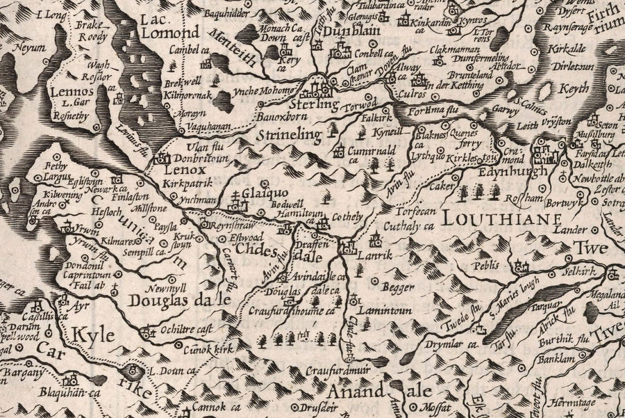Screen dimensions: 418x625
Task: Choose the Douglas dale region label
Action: point(178,300)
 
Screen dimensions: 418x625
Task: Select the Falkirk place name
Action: point(378,119)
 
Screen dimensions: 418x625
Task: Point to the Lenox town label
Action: point(184,169)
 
